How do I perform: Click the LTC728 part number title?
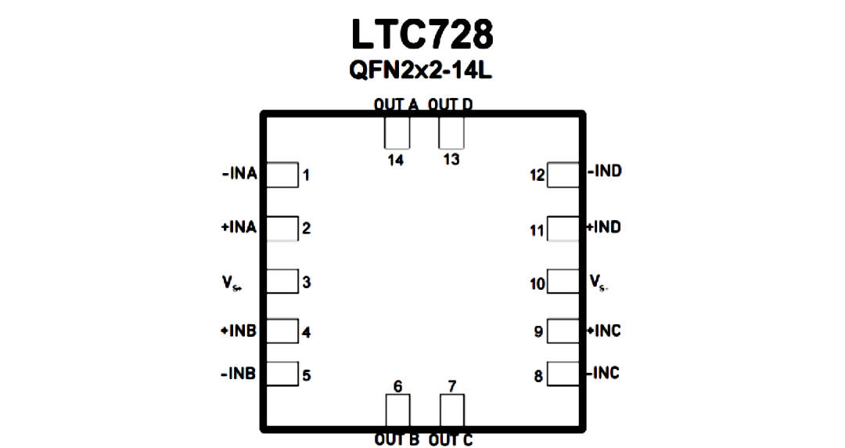point(422,34)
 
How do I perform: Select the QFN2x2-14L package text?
point(420,70)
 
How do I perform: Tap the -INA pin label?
point(239,175)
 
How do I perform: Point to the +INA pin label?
point(239,227)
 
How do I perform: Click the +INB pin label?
point(238,331)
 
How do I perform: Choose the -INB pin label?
point(238,374)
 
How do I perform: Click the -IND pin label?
point(605,171)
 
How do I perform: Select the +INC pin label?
point(603,331)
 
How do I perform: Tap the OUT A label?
point(396,105)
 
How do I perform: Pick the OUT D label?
point(451,105)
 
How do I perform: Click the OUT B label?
point(397,440)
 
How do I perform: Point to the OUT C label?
point(451,440)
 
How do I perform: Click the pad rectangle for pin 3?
point(282,281)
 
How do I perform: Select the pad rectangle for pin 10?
point(563,281)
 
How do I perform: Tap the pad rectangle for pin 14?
point(397,132)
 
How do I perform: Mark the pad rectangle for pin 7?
point(451,410)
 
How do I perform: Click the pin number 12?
point(538,175)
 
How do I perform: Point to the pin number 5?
point(307,375)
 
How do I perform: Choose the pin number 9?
point(538,331)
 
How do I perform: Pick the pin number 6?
point(397,386)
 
